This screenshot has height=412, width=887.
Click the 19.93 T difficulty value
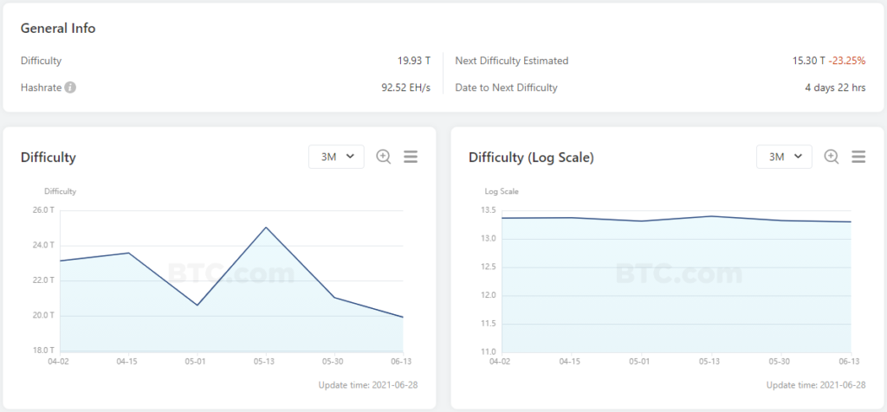pyautogui.click(x=414, y=61)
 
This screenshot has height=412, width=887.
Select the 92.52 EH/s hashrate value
pyautogui.click(x=405, y=87)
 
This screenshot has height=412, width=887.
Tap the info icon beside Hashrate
pyautogui.click(x=70, y=87)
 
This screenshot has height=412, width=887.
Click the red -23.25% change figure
pyautogui.click(x=848, y=61)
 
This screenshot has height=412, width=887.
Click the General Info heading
pyautogui.click(x=58, y=28)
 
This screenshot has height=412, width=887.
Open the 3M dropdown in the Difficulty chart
pyautogui.click(x=336, y=157)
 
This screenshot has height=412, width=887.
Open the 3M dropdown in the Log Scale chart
pyautogui.click(x=784, y=157)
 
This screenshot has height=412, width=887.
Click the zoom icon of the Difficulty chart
pyautogui.click(x=384, y=157)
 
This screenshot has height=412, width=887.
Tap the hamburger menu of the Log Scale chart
pyautogui.click(x=858, y=157)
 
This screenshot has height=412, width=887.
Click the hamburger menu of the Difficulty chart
pyautogui.click(x=411, y=157)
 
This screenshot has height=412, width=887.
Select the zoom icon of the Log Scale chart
pyautogui.click(x=832, y=157)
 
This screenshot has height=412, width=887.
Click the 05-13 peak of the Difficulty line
pyautogui.click(x=266, y=228)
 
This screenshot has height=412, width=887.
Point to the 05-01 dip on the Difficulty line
pyautogui.click(x=197, y=305)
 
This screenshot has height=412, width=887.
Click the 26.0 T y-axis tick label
pyautogui.click(x=43, y=210)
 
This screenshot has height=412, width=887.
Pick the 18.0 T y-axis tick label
pyautogui.click(x=43, y=351)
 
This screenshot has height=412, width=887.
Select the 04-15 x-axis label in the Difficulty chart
pyautogui.click(x=127, y=361)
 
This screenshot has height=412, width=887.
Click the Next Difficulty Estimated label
pyautogui.click(x=512, y=61)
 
